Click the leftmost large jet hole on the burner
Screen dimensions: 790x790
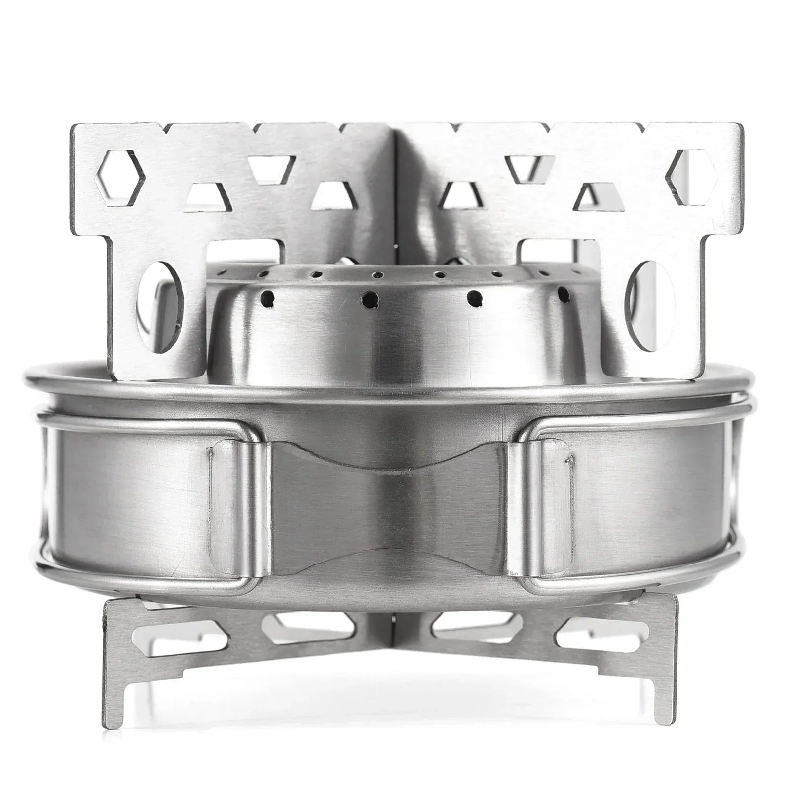[x=267, y=297]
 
